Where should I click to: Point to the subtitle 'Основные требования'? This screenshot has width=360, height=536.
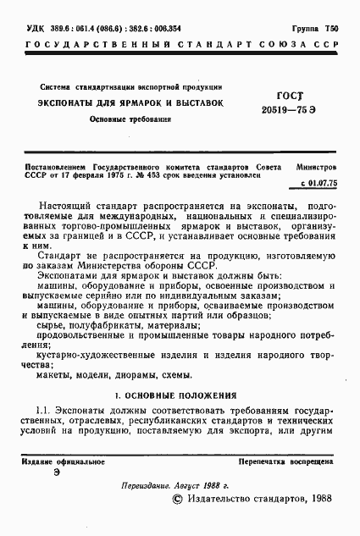130,120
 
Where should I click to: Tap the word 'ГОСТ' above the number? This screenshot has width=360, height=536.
290,97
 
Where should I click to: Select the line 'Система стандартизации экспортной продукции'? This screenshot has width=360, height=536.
131,86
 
